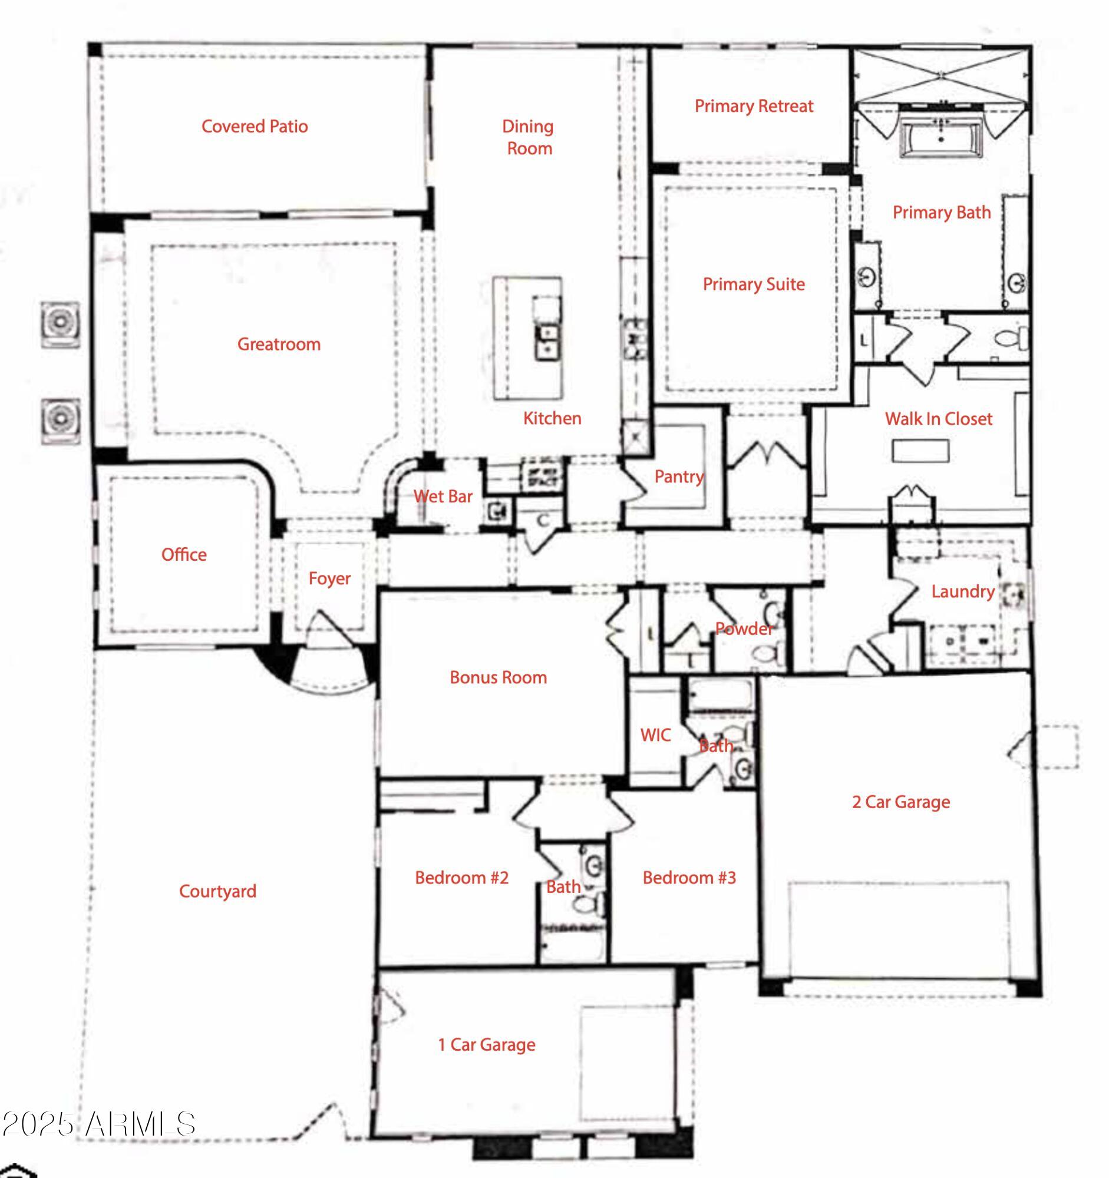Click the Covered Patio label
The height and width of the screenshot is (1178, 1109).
[255, 126]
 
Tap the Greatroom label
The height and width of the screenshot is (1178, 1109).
[279, 345]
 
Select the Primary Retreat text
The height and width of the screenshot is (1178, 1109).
[753, 106]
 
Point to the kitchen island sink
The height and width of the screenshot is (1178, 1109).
[546, 341]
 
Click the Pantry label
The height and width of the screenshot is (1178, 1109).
[679, 477]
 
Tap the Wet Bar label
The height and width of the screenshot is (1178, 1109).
[443, 496]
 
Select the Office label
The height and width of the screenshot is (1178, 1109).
[184, 555]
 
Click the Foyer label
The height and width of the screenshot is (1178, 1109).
[329, 578]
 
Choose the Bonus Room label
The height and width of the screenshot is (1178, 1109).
[498, 677]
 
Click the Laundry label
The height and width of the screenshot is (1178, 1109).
[962, 591]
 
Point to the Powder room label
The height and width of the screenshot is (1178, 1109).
[744, 628]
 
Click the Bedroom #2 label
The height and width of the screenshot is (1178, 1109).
[461, 878]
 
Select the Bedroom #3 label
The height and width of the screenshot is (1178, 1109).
[689, 878]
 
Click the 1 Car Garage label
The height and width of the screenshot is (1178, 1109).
[486, 1044]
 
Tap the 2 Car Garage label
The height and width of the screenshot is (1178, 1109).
[900, 802]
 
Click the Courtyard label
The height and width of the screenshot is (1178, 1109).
[217, 891]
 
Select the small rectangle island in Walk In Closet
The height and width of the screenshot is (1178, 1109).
[920, 451]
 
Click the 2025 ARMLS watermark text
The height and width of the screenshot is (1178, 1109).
[98, 1124]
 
